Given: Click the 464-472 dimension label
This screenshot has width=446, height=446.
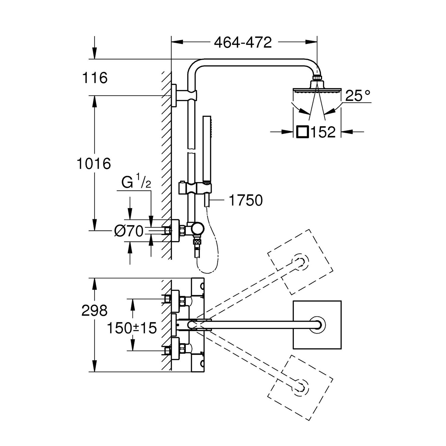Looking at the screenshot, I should pyautogui.click(x=243, y=43).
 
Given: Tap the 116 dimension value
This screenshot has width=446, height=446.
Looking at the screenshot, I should pyautogui.click(x=95, y=78).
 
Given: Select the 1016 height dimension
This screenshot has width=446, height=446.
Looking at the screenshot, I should pyautogui.click(x=94, y=164).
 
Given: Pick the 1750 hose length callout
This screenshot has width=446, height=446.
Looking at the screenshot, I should pyautogui.click(x=246, y=200).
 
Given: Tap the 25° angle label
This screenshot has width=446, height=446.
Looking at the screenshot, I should pyautogui.click(x=358, y=96).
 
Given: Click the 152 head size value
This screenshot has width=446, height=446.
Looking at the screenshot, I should pyautogui.click(x=323, y=132).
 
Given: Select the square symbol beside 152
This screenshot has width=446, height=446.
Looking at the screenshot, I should pyautogui.click(x=303, y=132).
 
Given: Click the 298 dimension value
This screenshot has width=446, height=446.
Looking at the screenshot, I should pyautogui.click(x=94, y=311).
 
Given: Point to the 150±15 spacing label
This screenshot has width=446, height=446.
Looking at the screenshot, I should pyautogui.click(x=131, y=328).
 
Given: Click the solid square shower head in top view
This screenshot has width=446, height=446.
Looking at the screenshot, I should pyautogui.click(x=317, y=325).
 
